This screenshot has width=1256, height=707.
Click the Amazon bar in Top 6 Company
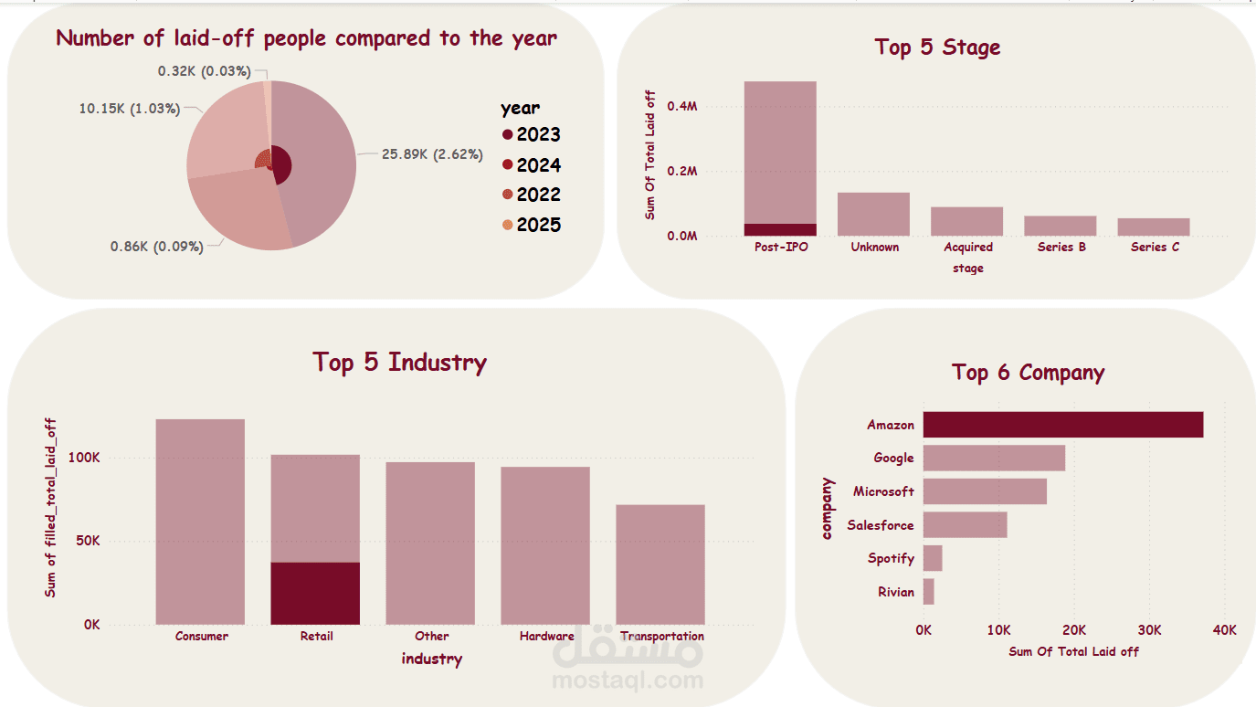[1062, 425]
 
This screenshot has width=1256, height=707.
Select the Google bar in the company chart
[994, 458]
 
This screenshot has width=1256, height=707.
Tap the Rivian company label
[895, 592]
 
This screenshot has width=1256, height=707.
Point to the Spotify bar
[933, 558]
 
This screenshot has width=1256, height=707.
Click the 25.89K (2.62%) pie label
[432, 154]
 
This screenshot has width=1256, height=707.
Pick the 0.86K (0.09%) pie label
[156, 247]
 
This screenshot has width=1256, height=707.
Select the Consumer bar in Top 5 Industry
[200, 522]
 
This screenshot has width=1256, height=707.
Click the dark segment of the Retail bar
[315, 593]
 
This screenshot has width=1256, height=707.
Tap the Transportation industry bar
[660, 565]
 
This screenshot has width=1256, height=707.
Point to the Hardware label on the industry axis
[546, 636]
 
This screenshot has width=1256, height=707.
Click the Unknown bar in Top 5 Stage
[874, 214]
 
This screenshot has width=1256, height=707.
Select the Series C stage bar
[1154, 227]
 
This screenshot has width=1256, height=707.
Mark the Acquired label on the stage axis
[968, 247]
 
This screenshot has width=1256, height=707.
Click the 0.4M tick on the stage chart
[681, 106]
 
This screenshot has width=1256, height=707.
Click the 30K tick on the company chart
[1149, 630]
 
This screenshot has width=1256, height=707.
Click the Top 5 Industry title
[399, 362]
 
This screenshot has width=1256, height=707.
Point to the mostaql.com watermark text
[628, 680]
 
